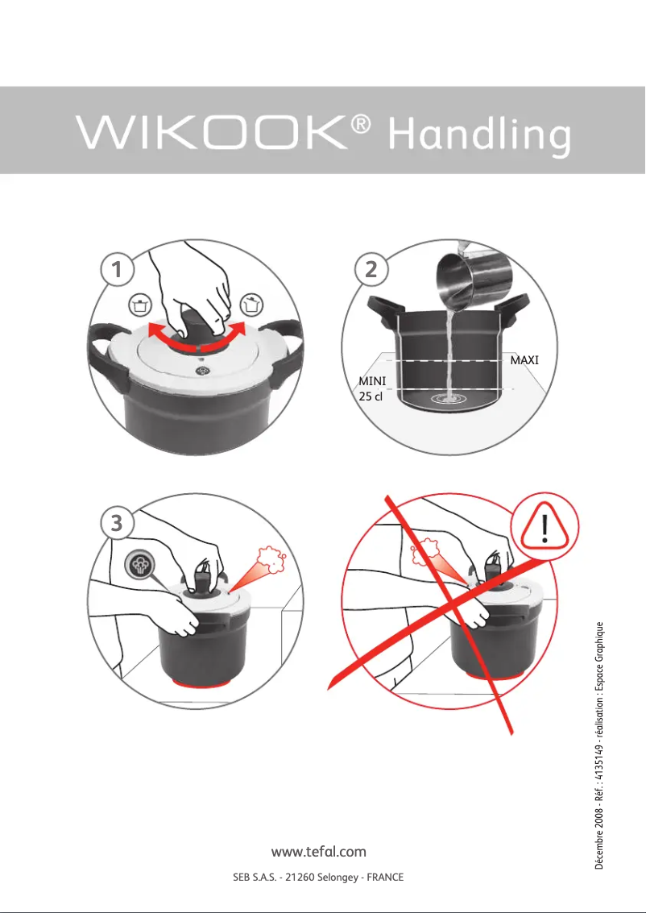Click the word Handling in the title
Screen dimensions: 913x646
[479, 137]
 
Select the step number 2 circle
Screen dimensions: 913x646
[371, 271]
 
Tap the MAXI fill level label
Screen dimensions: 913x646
[524, 360]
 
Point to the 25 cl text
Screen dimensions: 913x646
[371, 396]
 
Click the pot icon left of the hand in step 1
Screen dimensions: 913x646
[141, 305]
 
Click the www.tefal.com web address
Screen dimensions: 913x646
[319, 852]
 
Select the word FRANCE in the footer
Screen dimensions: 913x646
[385, 877]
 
